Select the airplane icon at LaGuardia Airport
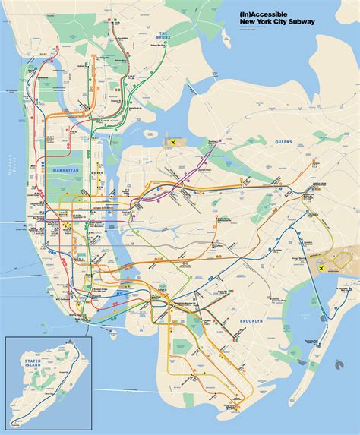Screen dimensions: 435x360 (x=175, y=142)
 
